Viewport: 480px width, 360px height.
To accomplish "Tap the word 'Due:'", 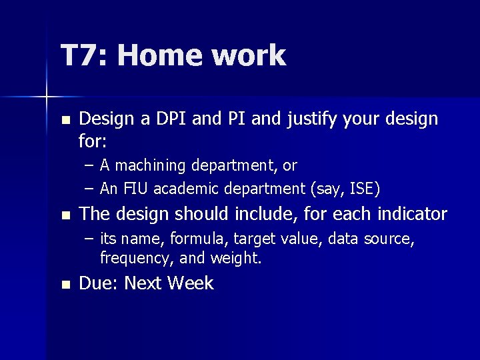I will [99, 283].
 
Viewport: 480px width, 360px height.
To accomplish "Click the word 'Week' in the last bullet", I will [191, 283].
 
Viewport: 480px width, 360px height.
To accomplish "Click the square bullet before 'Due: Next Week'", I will [64, 285].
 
